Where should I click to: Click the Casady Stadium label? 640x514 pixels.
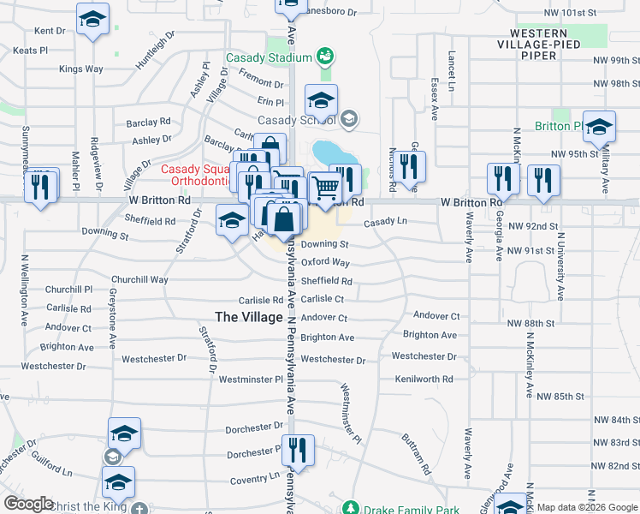268,58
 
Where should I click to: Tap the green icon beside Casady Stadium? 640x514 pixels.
324,57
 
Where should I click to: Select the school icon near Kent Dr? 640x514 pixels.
92,19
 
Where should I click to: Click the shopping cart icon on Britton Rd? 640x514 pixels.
324,187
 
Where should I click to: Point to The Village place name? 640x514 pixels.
248,317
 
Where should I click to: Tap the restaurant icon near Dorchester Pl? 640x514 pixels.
298,449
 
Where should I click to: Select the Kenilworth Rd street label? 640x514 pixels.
424,379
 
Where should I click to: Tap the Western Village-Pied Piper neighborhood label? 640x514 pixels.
551,50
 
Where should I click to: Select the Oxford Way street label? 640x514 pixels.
325,262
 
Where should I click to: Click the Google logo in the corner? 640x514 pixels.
28,504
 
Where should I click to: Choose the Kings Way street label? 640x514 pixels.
81,69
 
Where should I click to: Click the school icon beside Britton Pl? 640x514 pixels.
599,127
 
